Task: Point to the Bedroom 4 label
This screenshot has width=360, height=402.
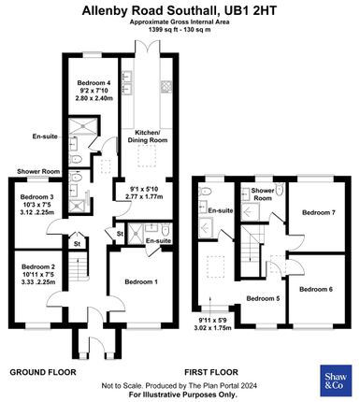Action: coord(94,83)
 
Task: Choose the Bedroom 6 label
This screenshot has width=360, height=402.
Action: coord(316,290)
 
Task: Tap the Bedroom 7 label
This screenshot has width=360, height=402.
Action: coord(318,212)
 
